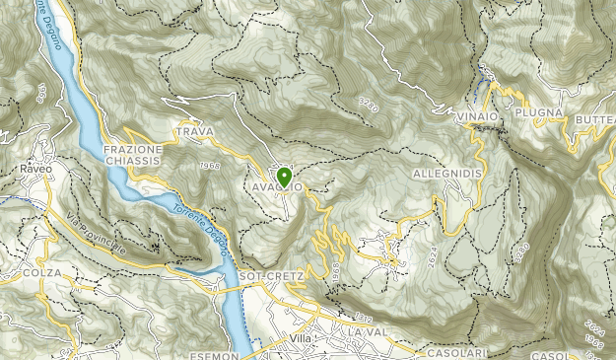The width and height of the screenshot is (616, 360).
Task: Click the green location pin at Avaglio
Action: point(285,178)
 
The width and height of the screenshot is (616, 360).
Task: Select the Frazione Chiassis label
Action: point(131,156)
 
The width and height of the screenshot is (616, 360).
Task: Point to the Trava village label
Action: point(194,131)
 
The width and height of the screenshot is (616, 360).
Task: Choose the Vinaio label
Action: point(477,116)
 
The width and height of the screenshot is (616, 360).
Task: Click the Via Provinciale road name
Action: point(100,235)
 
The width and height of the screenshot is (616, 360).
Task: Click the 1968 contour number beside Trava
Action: point(209,166)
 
